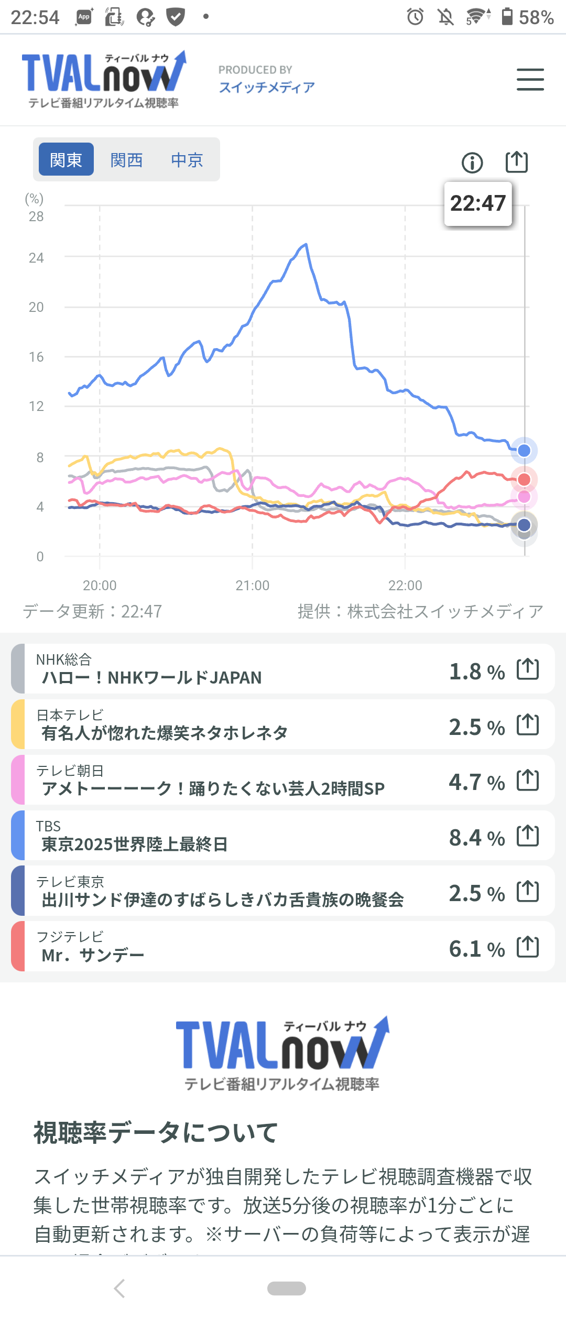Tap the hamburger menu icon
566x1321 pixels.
pos(530,79)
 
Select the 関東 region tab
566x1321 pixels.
pos(66,159)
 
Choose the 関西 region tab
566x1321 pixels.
pos(126,159)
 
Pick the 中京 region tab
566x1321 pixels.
pos(187,159)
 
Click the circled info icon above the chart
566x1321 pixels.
pos(472,163)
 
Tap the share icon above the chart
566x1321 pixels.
pos(517,161)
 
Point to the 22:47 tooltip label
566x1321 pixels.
pos(478,203)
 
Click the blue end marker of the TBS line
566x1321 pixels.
pos(524,450)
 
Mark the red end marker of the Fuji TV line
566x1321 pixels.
pos(524,479)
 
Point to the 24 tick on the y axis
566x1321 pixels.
pos(36,258)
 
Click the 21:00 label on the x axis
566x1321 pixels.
pos(252,586)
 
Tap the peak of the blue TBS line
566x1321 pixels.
pos(306,244)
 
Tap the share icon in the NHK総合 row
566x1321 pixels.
pos(528,669)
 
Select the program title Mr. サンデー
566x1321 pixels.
pos(93,956)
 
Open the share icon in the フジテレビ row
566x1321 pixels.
pos(528,947)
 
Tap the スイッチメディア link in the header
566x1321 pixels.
pos(267,87)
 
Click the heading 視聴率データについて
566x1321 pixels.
pos(156,1133)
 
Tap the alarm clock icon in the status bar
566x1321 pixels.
pos(415,17)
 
